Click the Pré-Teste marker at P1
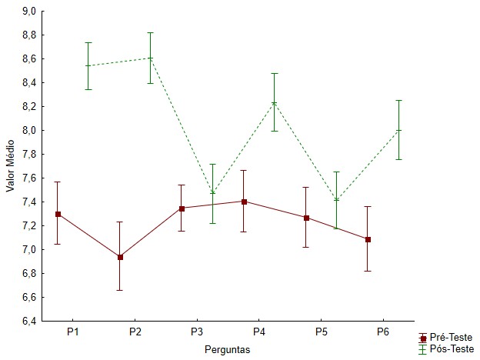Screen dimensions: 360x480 click(58, 214)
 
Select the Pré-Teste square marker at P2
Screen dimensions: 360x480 click(120, 257)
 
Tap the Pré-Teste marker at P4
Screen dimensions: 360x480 click(244, 202)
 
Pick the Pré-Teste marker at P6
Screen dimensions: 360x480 click(368, 239)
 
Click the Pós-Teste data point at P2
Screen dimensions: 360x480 click(150, 58)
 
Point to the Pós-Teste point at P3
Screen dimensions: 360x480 click(212, 193)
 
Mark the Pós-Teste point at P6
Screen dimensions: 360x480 click(398, 130)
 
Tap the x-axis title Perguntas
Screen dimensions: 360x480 click(228, 348)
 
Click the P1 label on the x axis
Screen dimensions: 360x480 click(73, 332)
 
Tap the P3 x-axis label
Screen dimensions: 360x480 click(197, 332)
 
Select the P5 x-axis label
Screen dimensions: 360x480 click(321, 332)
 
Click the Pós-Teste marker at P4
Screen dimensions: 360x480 click(275, 103)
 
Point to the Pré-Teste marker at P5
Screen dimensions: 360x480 click(306, 218)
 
